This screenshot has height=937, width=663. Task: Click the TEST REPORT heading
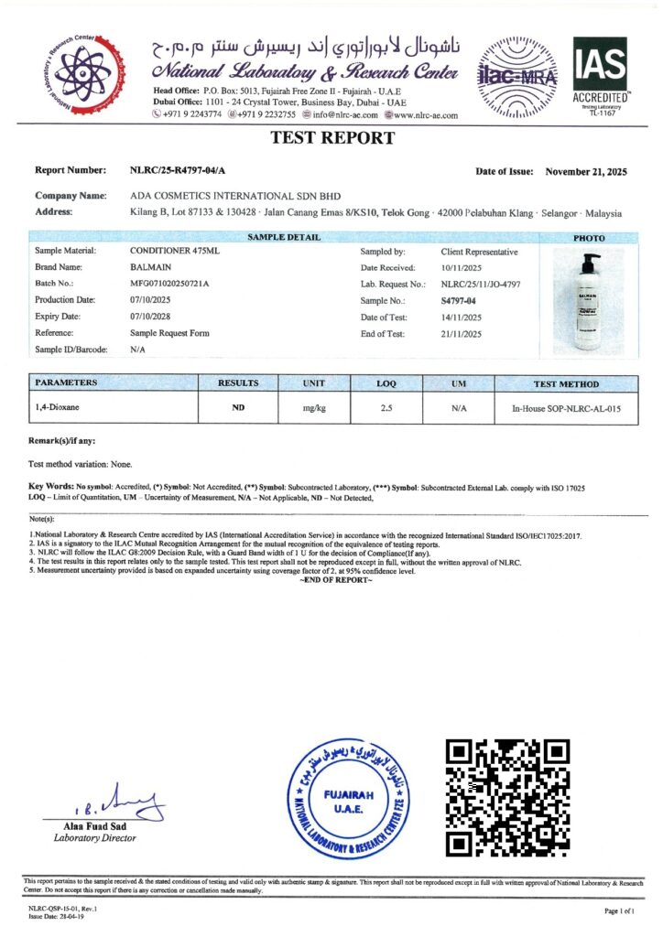[x=332, y=139]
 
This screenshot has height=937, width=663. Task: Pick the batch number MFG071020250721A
[x=170, y=284]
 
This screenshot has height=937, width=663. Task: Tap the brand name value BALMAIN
[x=149, y=267]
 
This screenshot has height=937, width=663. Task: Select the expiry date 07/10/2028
[x=152, y=317]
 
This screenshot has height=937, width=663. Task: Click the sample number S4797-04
[x=459, y=300]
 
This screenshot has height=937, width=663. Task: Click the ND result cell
[x=237, y=408]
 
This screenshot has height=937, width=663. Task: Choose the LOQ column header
[x=386, y=384]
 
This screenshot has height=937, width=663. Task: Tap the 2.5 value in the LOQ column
[x=386, y=408]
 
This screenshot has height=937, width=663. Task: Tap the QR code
[x=506, y=797]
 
